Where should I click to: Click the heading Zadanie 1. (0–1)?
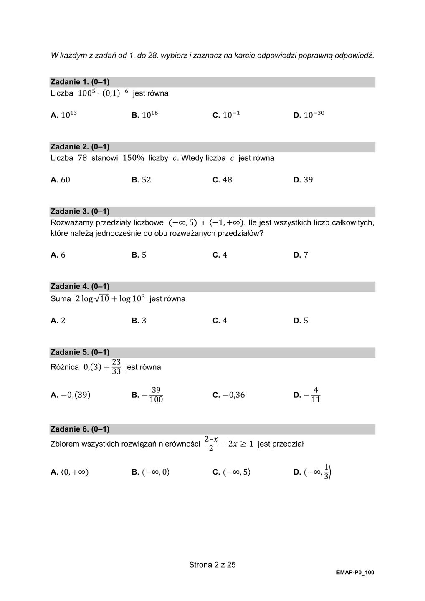(80, 82)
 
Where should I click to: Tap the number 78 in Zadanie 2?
(82, 158)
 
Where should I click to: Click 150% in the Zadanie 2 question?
(133, 158)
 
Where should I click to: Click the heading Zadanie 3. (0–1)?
(80, 212)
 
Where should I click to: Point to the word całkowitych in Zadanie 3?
(353, 222)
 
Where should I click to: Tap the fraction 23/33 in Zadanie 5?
(116, 366)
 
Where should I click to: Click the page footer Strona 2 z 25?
(212, 565)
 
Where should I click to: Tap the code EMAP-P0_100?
(355, 573)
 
